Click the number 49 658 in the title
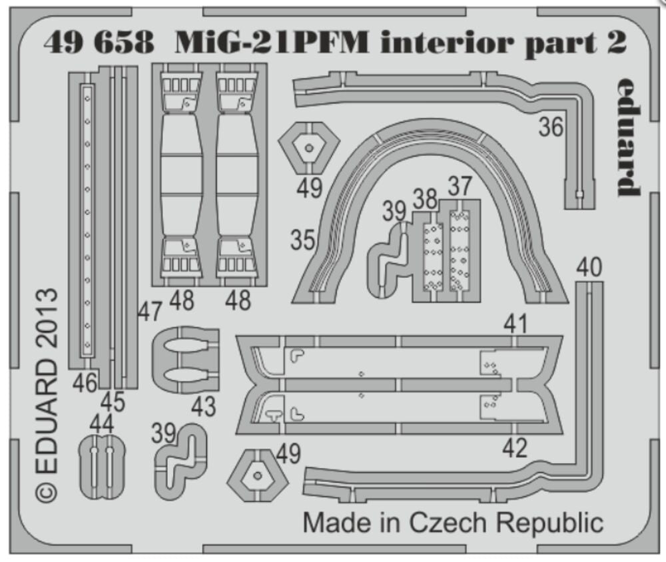(99, 43)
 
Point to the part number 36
(551, 127)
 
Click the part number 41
(516, 324)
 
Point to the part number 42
(515, 447)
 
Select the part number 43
(204, 406)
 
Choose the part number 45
(113, 402)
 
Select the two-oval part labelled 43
(184, 360)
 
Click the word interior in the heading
(448, 43)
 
